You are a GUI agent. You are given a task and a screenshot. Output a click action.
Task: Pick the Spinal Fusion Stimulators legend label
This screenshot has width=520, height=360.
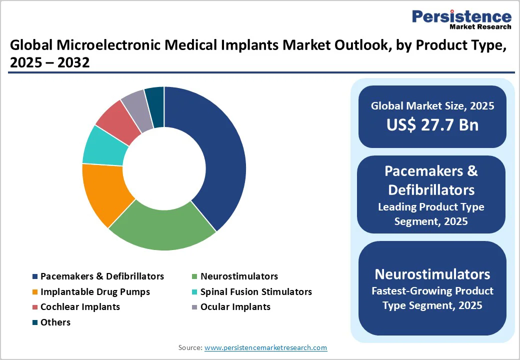[x=255, y=292]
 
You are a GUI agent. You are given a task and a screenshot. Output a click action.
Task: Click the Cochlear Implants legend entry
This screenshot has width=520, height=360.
[x=80, y=307]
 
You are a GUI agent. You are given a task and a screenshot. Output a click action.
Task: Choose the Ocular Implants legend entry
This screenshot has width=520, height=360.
[x=235, y=307]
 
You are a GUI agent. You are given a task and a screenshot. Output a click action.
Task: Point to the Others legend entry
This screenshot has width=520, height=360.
[x=55, y=322]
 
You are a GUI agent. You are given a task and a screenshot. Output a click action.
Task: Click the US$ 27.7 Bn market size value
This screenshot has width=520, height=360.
[x=432, y=124]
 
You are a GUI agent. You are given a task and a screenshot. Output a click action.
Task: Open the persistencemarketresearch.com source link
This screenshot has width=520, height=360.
[x=265, y=347]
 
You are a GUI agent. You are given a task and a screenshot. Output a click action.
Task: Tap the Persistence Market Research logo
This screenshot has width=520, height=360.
[x=461, y=20]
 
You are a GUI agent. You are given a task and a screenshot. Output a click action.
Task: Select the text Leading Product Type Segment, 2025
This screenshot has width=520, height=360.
[x=431, y=213]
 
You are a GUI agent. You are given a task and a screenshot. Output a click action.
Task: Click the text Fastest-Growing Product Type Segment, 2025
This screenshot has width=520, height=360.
[x=432, y=298]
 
